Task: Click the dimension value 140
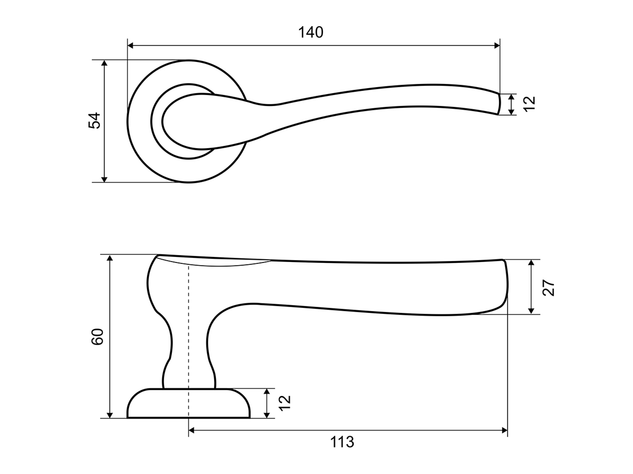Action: click(311, 32)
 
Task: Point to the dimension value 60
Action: click(97, 336)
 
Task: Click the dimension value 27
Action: click(549, 287)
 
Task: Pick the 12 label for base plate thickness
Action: click(285, 403)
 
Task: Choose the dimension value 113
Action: click(342, 442)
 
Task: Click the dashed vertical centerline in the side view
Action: click(189, 337)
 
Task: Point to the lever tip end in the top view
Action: click(498, 104)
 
